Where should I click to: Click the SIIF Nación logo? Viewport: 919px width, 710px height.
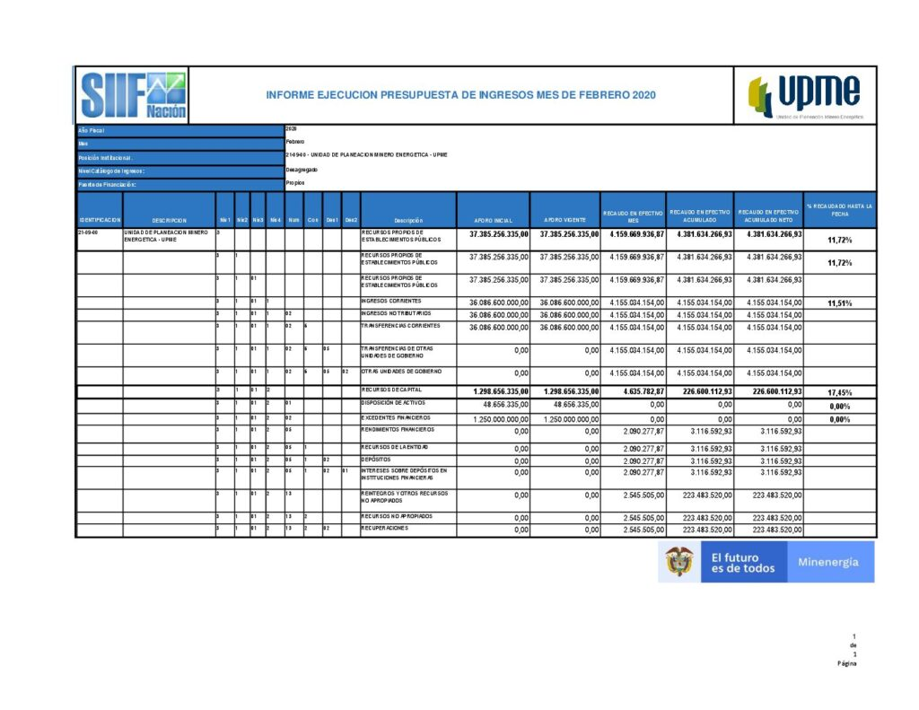(133, 94)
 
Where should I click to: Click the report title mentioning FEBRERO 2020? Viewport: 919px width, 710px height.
(460, 94)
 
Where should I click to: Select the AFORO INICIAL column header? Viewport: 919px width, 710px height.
(493, 221)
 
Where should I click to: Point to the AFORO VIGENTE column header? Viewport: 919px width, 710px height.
(565, 221)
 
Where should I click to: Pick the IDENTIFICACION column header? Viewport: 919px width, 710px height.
(99, 221)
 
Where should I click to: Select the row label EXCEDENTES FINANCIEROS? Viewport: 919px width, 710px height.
(396, 418)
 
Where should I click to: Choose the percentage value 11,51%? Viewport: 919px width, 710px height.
(839, 303)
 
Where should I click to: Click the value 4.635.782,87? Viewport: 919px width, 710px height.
(636, 392)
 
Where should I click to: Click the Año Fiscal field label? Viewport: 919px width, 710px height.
(92, 130)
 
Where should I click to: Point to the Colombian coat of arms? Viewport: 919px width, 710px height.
(678, 562)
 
